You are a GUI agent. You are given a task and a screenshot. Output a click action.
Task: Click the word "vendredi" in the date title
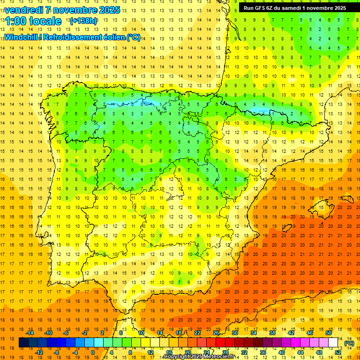tap(23, 10)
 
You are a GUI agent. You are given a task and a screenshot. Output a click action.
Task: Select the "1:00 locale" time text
tap(33, 21)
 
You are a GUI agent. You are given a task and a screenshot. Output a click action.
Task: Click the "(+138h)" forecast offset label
tap(83, 21)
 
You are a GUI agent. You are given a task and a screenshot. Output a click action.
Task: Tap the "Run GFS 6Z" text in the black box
tap(260, 8)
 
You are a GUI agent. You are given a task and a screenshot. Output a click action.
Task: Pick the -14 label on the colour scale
tap(30, 332)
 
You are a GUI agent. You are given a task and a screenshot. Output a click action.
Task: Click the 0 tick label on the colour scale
tap(93, 352)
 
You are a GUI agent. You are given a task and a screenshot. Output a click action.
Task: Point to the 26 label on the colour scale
tap(216, 332)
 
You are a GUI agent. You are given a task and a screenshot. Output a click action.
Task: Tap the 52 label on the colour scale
tap(338, 352)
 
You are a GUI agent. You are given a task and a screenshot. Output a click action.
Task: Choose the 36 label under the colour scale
tap(263, 352)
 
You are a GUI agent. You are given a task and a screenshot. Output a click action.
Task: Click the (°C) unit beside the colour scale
tap(349, 343)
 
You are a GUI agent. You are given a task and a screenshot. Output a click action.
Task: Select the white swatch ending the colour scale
tap(333, 343)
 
